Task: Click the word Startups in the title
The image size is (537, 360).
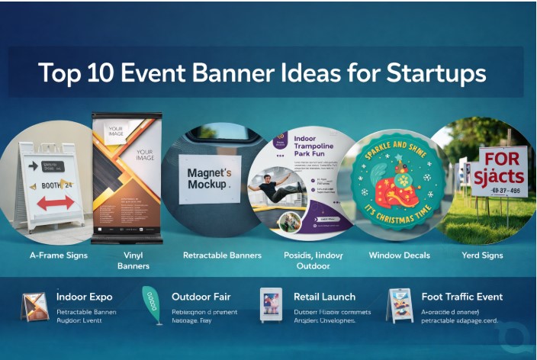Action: [x=434, y=73]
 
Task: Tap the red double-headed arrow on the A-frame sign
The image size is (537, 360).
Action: [x=56, y=202]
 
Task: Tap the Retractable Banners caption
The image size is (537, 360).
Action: [x=222, y=255]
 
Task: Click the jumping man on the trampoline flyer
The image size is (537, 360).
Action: [x=268, y=185]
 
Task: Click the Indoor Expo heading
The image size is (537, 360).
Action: [x=85, y=296]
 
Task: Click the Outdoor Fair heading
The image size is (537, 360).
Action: [x=201, y=296]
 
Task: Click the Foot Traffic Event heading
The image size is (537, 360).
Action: [x=462, y=296]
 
